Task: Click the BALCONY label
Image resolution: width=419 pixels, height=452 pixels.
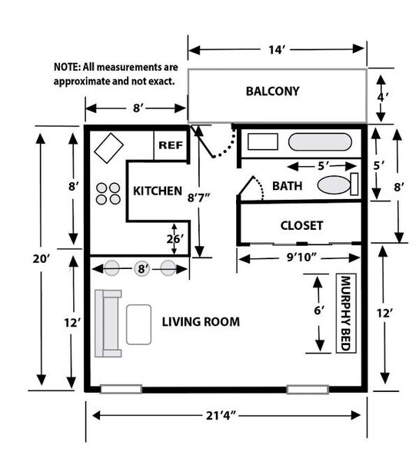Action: pyautogui.click(x=272, y=91)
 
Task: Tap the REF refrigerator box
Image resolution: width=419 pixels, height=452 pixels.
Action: pyautogui.click(x=170, y=145)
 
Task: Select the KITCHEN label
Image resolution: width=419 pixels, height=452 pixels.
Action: pyautogui.click(x=158, y=191)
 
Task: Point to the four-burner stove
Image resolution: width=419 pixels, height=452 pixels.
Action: pyautogui.click(x=108, y=192)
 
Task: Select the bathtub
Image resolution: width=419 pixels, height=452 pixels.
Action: pyautogui.click(x=321, y=142)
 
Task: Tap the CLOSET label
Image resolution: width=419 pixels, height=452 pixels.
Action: pyautogui.click(x=301, y=226)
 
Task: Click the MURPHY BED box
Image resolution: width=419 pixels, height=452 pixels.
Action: pyautogui.click(x=344, y=313)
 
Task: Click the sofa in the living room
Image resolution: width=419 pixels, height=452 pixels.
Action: pyautogui.click(x=107, y=324)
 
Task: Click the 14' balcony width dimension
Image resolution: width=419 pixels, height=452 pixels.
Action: pyautogui.click(x=276, y=50)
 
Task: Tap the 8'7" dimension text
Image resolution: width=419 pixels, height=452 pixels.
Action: pyautogui.click(x=199, y=198)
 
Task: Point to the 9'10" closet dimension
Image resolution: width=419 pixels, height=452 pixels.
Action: pyautogui.click(x=298, y=258)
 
